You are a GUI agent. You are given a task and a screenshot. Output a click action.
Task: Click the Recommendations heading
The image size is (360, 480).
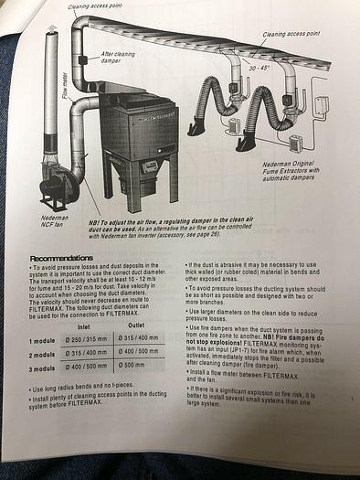click(x=63, y=259)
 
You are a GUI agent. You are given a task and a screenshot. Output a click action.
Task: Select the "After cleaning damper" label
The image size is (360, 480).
click(x=118, y=57)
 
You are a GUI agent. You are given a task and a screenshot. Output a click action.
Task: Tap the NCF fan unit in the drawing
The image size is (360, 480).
click(x=57, y=187)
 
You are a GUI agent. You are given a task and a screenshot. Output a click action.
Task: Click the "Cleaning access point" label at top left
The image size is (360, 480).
click(x=94, y=7)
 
